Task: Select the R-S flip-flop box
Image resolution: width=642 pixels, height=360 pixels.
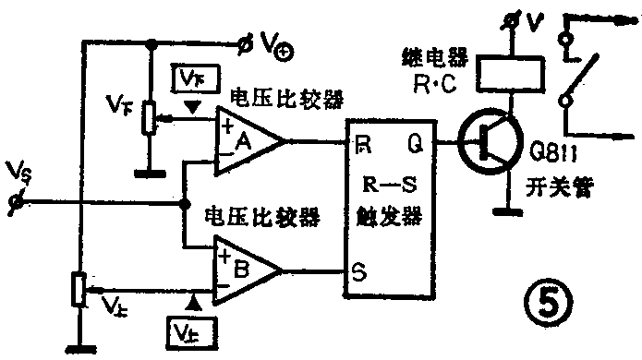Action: (384, 209)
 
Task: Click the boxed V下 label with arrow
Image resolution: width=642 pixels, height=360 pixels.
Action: (188, 78)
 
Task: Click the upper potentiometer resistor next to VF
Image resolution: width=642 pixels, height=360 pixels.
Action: (147, 118)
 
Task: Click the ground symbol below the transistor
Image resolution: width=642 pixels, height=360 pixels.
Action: (503, 211)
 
